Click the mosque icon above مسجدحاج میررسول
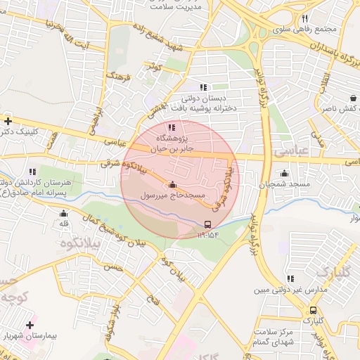tap(172, 184)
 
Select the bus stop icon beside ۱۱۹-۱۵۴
tap(207, 224)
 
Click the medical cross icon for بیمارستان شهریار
tap(30, 325)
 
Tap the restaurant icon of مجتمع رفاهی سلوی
tap(304, 19)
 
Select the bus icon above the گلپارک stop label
tap(313, 310)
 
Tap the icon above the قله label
tap(64, 213)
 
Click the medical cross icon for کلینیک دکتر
tap(7, 121)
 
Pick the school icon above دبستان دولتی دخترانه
tap(203, 88)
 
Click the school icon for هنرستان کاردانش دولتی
tap(32, 171)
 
